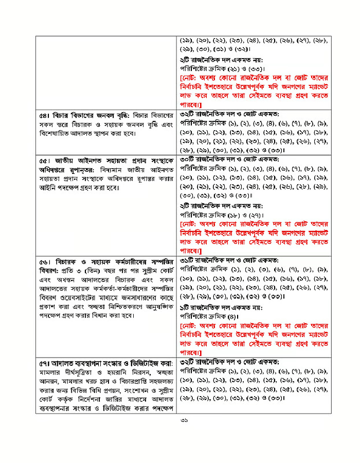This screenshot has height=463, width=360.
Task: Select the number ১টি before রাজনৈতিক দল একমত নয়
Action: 187,308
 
